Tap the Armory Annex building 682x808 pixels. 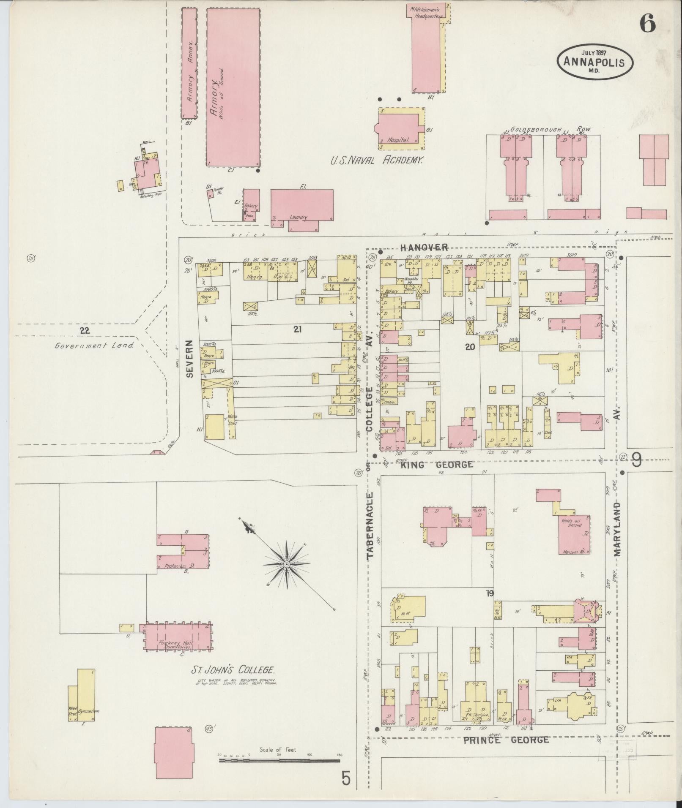189,63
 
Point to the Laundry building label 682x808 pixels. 298,218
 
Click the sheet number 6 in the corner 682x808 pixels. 647,23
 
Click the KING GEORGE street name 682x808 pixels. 436,465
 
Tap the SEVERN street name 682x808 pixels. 189,359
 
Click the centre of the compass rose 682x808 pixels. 286,564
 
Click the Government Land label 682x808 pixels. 94,345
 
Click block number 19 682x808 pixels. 490,594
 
